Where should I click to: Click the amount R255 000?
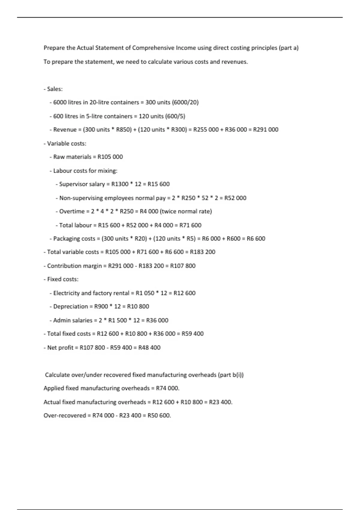[206, 130]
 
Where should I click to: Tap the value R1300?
[120, 184]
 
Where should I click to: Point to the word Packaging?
[66, 239]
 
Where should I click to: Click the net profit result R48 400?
[149, 348]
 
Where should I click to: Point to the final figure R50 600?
[159, 416]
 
